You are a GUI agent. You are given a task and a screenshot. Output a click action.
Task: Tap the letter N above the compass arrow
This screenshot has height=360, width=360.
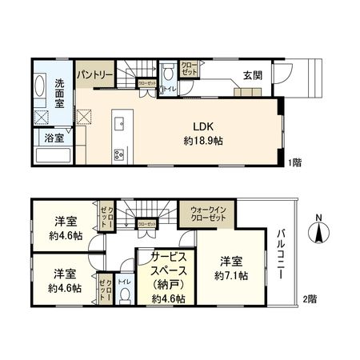(x=319, y=218)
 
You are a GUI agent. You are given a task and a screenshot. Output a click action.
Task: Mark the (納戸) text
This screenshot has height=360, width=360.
(x=169, y=284)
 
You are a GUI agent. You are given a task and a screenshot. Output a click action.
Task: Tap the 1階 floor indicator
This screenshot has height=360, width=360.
(x=294, y=162)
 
